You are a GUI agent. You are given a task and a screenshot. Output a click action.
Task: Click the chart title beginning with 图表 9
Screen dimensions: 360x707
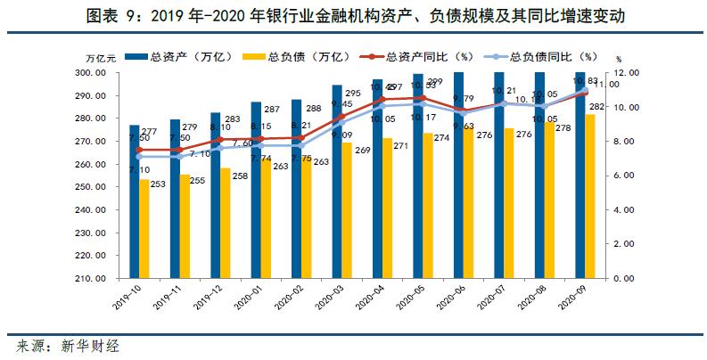point(353,17)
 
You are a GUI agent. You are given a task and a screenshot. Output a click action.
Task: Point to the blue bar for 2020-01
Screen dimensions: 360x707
point(256,192)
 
